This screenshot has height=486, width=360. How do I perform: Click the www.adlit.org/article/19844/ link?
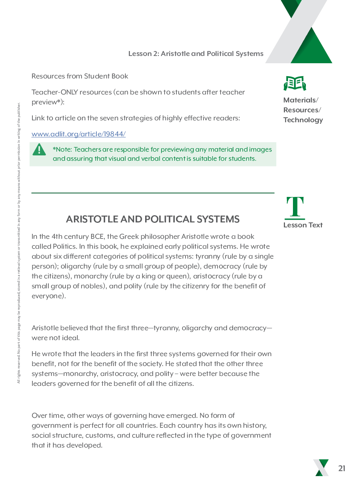[78, 134]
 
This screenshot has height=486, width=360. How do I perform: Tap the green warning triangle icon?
[39, 150]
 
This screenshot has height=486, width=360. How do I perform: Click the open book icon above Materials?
[295, 83]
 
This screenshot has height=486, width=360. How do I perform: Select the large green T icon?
[295, 208]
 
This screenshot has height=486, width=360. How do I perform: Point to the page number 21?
[342, 468]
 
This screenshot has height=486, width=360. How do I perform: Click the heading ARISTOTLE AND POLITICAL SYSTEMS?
[152, 219]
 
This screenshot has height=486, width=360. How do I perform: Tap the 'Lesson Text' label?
[303, 225]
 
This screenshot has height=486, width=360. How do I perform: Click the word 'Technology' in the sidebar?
[303, 120]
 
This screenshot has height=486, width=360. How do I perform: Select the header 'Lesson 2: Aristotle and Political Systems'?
[196, 54]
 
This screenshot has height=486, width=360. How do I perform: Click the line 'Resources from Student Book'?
[80, 76]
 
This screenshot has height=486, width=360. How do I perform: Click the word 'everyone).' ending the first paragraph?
[49, 296]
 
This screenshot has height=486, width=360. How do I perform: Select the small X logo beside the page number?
[321, 468]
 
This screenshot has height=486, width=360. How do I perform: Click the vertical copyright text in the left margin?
[19, 244]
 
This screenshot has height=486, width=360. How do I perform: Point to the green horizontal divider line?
[152, 193]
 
